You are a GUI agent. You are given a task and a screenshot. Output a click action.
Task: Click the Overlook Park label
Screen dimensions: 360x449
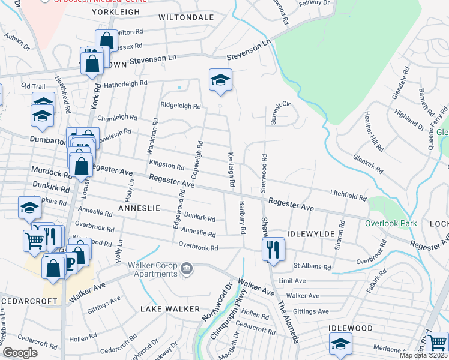(x=391, y=223)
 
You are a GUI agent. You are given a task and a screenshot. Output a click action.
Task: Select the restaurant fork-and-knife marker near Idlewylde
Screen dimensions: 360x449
(x=274, y=250)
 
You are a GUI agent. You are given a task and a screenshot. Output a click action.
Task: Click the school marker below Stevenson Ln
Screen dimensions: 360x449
(x=220, y=81)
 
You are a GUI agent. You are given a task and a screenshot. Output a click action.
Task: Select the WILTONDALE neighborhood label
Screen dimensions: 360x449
(x=186, y=18)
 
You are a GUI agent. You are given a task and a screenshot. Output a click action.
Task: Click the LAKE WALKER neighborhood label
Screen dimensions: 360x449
(x=170, y=308)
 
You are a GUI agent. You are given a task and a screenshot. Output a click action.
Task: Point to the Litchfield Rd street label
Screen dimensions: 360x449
(x=348, y=196)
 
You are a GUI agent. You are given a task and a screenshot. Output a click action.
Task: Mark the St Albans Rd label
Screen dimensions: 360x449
(x=312, y=266)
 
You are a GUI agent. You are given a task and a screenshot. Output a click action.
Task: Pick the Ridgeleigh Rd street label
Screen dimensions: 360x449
(x=180, y=106)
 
